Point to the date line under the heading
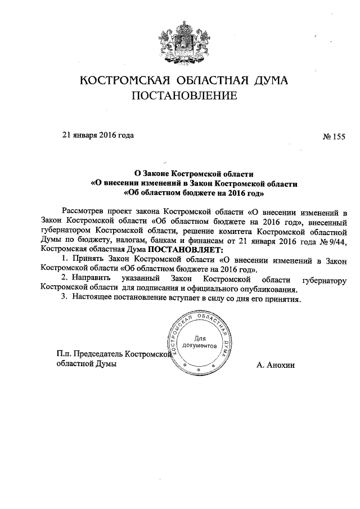pos(98,135)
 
